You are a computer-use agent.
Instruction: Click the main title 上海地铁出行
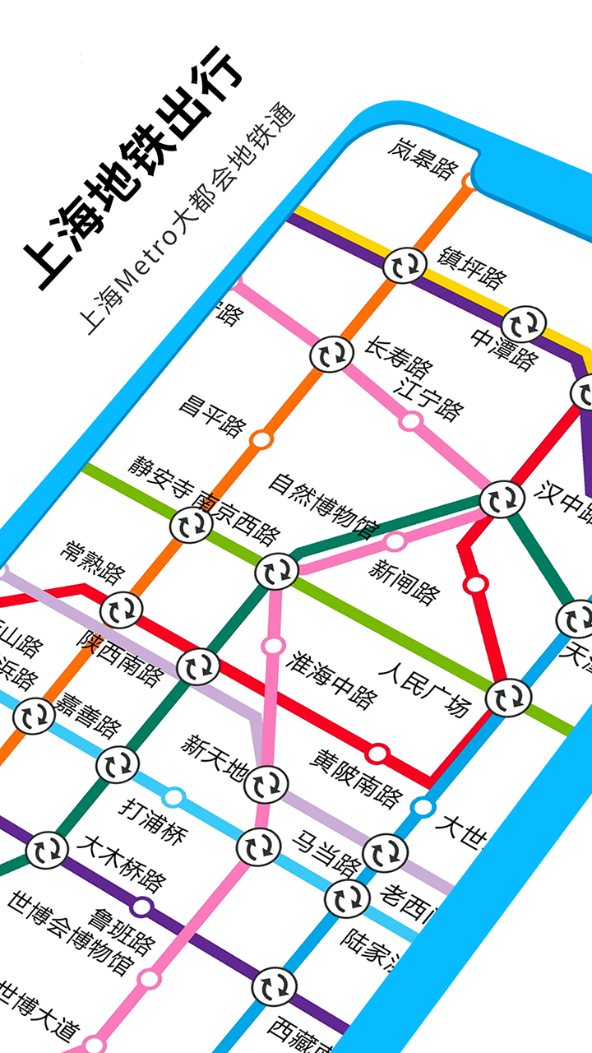(132, 169)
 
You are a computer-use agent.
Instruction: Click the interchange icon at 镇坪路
(405, 266)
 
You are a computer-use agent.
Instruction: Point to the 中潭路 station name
(504, 350)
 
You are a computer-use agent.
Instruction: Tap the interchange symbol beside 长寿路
(331, 355)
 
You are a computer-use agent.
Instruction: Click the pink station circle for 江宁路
(410, 421)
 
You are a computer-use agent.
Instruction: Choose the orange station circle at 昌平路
(261, 439)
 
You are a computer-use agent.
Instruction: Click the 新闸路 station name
(404, 581)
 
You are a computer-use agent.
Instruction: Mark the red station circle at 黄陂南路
(377, 753)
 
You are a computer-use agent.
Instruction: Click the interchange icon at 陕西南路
(198, 666)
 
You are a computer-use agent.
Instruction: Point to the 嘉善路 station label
(87, 714)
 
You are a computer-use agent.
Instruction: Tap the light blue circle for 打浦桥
(173, 796)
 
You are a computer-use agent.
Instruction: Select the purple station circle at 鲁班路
(142, 907)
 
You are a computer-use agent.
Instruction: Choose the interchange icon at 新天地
(266, 783)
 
